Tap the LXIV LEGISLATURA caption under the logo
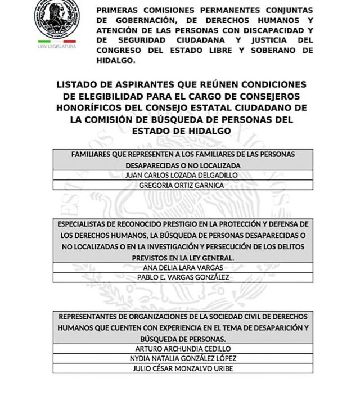[57, 47]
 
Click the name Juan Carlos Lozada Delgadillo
[183, 175]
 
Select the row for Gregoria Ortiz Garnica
[183, 185]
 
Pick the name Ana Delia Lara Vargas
[183, 267]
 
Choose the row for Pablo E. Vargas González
[183, 277]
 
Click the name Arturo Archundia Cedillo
[183, 349]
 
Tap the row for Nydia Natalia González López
[183, 359]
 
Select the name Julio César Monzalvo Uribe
[183, 369]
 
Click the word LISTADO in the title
[79, 84]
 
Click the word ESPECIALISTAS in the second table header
[86, 224]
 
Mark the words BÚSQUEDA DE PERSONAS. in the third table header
[183, 339]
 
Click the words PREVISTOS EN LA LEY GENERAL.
[183, 257]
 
